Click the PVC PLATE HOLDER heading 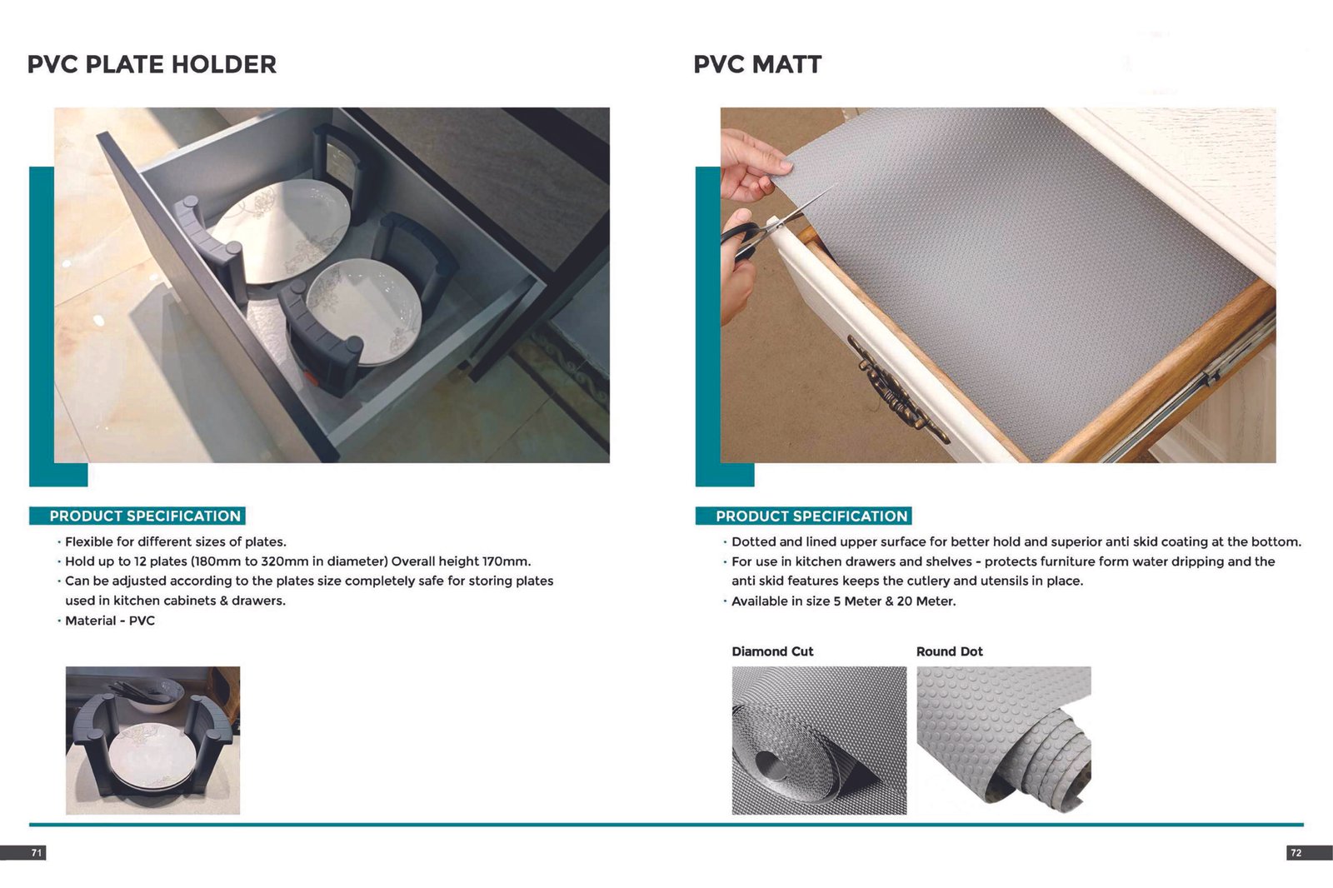tap(152, 64)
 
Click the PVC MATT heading tap(757, 64)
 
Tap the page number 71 tap(37, 853)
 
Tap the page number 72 tap(1296, 853)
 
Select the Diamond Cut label tap(772, 651)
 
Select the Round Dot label tap(950, 651)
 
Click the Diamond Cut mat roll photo tap(820, 741)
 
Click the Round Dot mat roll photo tap(1004, 741)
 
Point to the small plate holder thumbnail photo tap(153, 741)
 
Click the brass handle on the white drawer tap(896, 389)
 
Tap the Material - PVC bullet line tap(110, 621)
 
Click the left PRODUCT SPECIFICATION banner tap(137, 516)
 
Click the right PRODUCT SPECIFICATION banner tap(804, 516)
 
